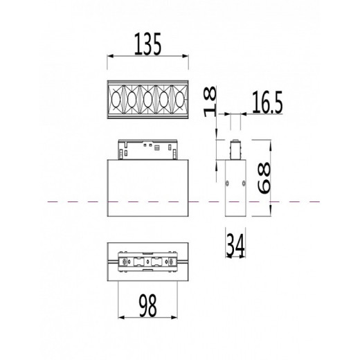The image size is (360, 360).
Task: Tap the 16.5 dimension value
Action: point(267,104)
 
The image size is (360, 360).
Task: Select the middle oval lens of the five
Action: point(148,100)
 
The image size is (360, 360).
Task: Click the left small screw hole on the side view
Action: point(228,183)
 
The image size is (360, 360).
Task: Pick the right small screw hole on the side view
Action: point(243,183)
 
